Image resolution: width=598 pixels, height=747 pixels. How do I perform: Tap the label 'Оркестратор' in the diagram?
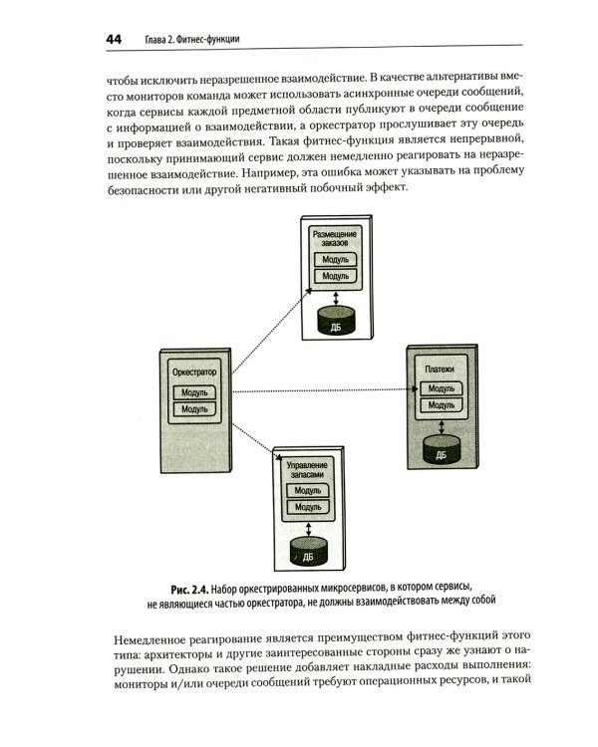click(194, 373)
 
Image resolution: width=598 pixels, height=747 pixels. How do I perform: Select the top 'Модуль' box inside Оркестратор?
click(194, 391)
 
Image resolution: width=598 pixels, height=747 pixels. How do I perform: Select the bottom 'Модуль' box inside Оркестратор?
click(194, 408)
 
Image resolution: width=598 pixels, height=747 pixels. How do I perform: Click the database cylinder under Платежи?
click(441, 451)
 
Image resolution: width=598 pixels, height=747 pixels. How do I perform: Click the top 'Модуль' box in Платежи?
click(440, 387)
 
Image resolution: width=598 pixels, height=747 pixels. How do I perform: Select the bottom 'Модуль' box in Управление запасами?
click(308, 507)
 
